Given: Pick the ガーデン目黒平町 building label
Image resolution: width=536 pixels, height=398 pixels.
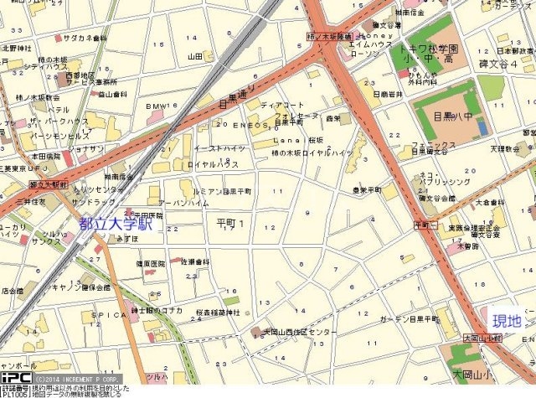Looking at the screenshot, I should click(409, 319).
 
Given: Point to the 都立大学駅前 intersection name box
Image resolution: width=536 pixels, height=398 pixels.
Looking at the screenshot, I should click(46, 182).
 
